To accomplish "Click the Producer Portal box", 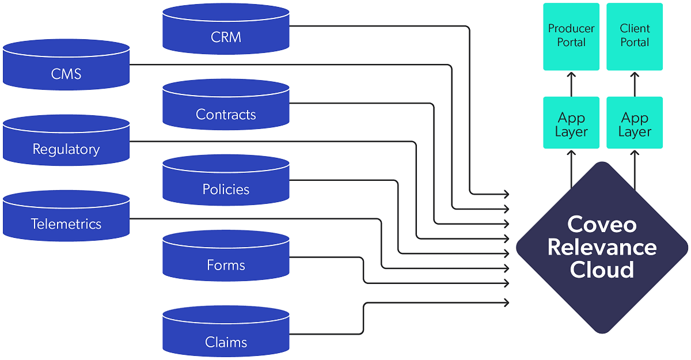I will pos(571,36).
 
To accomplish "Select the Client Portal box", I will pos(635,36).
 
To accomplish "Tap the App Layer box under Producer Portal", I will pos(571,124).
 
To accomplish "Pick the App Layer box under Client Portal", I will pos(635,124).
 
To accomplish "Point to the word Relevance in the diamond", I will pos(602,247).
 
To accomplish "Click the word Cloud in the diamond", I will pos(602,270).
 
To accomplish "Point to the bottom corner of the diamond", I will pos(602,333).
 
